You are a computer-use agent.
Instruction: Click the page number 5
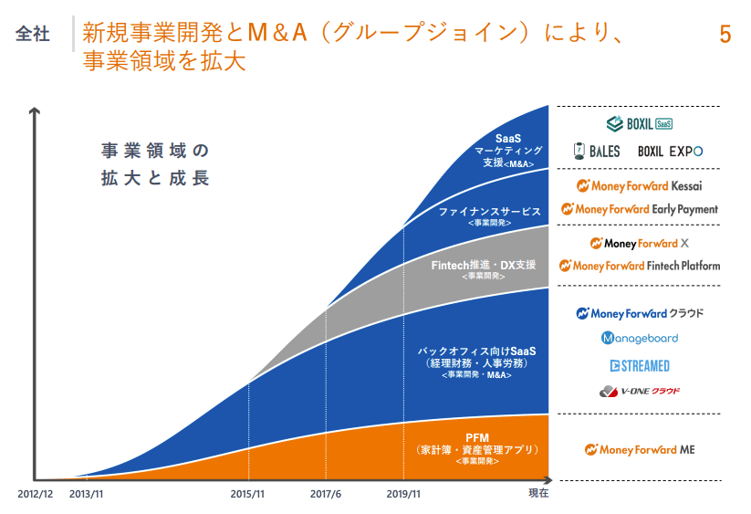725,36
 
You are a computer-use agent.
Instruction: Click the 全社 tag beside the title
33,35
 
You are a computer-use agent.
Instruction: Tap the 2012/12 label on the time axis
36,493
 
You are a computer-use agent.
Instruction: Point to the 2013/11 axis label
87,493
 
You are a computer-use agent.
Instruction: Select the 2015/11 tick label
247,493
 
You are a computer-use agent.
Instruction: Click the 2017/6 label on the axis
326,493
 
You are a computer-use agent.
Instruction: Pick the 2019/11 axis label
402,493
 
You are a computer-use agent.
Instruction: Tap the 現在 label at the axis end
538,493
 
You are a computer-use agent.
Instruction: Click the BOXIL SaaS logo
640,122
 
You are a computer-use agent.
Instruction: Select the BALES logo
597,151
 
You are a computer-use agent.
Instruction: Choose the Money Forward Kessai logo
639,185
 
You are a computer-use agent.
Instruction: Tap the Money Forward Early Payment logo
639,209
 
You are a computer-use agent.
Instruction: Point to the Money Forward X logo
639,243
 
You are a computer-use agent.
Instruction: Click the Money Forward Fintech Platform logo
639,266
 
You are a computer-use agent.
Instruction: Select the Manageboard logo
639,339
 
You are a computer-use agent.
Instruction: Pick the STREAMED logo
639,365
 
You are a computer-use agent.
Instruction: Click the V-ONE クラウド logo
639,391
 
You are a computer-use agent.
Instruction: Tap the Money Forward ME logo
639,449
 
